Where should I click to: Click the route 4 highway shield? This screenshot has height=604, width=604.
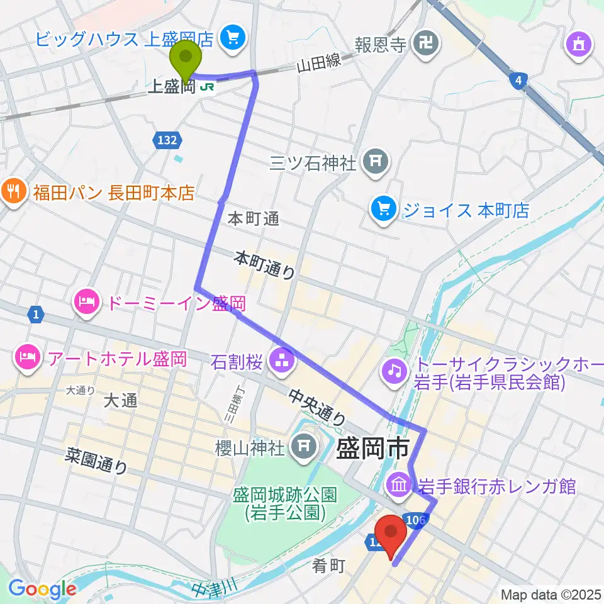click(517, 80)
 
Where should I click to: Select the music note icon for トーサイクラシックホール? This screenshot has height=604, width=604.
click(394, 369)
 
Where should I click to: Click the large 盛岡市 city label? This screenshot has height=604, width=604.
click(374, 449)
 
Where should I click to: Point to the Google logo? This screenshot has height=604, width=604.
click(42, 589)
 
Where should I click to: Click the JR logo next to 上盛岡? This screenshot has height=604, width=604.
click(205, 87)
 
